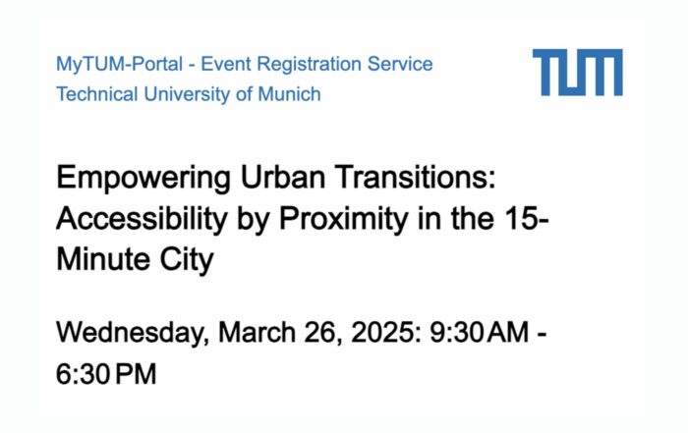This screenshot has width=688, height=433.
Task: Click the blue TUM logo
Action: [578, 73]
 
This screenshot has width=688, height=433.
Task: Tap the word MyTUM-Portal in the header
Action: [119, 65]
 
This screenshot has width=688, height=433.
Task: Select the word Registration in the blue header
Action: [310, 65]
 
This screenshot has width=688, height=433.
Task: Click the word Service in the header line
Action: [400, 64]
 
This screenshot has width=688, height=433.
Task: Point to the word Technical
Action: [97, 94]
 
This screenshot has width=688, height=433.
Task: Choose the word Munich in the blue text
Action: [289, 94]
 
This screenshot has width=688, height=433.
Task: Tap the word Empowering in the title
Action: [143, 179]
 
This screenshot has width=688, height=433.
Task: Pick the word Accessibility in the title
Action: [142, 220]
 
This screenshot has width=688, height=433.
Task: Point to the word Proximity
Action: [344, 220]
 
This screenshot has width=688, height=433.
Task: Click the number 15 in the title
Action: [521, 218]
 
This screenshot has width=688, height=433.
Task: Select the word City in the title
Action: [187, 260]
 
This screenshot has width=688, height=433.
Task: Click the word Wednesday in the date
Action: [130, 333]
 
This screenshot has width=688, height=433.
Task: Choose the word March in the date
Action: [257, 332]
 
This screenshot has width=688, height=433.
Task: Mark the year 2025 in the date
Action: [382, 332]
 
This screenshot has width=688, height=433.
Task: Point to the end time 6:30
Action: [83, 374]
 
